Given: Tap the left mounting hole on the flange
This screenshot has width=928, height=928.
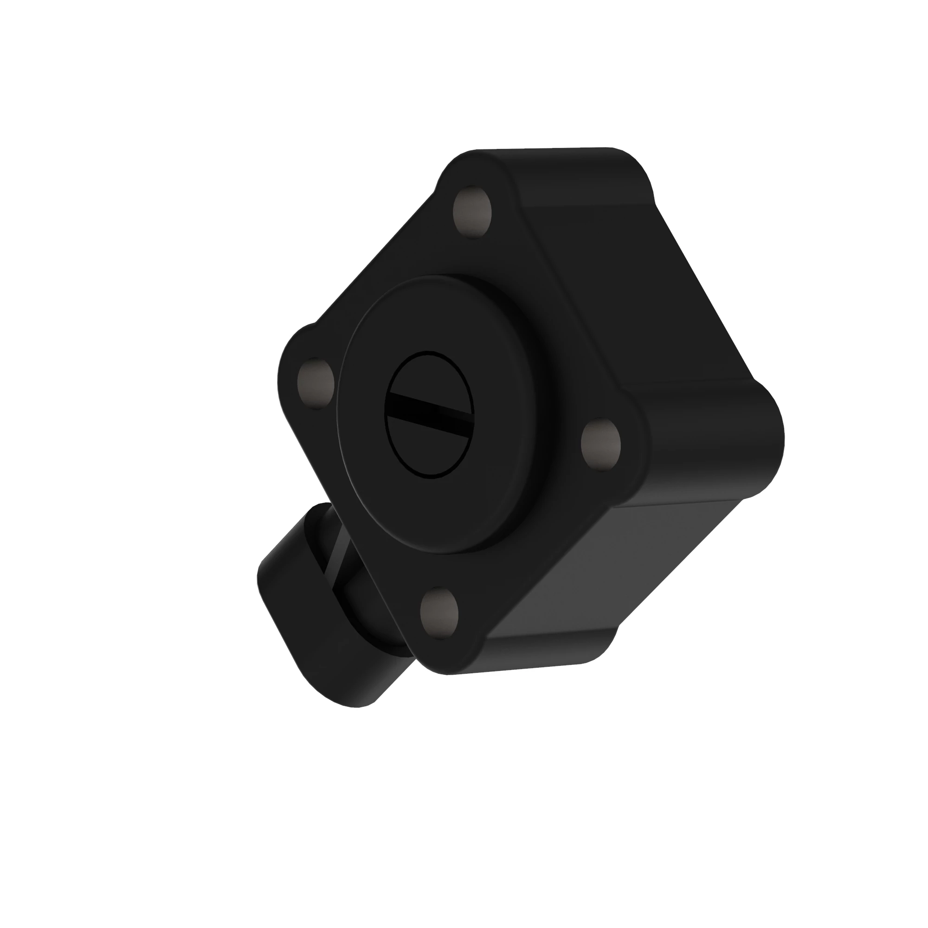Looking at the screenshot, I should [x=316, y=383].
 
